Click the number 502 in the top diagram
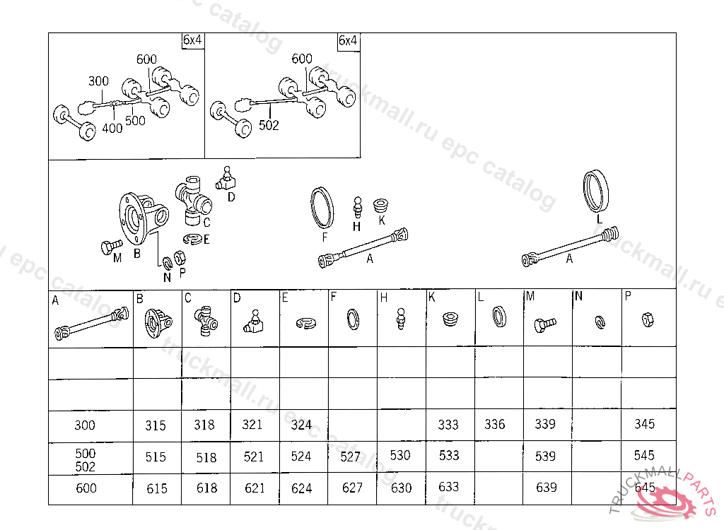pos(269,125)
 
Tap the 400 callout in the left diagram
pos(112,128)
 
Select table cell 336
pos(495,424)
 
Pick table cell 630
pos(400,488)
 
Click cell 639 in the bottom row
pos(546,487)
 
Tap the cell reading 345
pos(645,424)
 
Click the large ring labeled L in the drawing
pos(596,189)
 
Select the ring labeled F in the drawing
pos(324,208)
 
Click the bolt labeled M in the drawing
pos(106,247)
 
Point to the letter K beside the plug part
pos(382,220)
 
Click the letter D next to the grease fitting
pos(231,197)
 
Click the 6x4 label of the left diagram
pos(192,40)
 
